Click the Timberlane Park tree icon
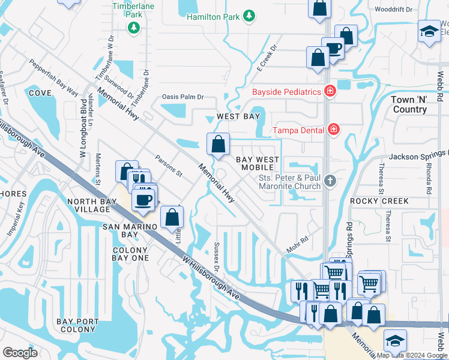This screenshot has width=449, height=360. click(134, 27)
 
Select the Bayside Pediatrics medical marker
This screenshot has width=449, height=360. click(329, 92)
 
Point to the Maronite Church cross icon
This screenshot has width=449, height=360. click(329, 181)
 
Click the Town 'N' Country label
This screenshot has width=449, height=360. click(409, 104)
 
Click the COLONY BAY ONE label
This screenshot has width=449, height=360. click(130, 254)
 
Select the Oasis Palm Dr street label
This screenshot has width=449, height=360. click(183, 97)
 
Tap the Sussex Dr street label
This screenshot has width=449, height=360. click(217, 256)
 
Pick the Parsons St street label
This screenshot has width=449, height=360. click(168, 167)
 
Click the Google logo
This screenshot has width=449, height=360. click(20, 353)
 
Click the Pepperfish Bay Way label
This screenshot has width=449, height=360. click(53, 77)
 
